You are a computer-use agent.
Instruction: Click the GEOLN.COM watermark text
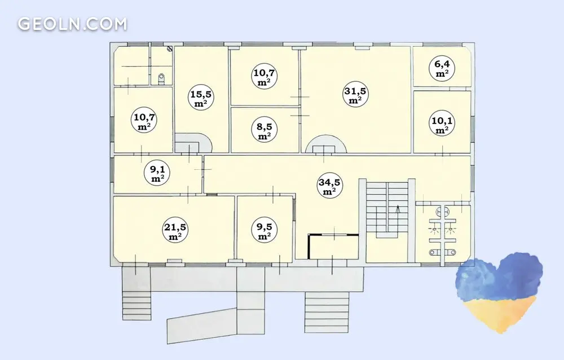(72, 24)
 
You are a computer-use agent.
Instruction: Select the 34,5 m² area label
(329, 186)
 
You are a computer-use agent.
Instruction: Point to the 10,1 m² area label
(442, 124)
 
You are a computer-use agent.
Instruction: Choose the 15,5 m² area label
(201, 98)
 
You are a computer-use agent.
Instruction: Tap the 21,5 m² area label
(175, 231)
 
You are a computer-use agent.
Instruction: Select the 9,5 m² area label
(265, 231)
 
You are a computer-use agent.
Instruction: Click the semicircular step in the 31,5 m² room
(326, 144)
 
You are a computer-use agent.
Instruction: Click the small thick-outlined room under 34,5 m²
(333, 247)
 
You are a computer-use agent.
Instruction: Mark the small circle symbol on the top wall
(170, 48)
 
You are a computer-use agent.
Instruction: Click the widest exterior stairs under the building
(327, 312)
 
